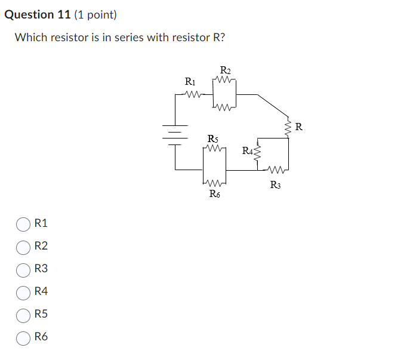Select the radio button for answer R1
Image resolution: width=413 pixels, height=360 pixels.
point(23,224)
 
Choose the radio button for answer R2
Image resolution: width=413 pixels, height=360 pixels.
point(23,247)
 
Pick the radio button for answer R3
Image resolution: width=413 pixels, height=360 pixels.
point(23,269)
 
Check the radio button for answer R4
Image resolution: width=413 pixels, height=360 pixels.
point(23,292)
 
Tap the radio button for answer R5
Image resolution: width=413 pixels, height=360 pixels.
point(23,315)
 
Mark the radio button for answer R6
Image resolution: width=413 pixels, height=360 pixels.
point(23,337)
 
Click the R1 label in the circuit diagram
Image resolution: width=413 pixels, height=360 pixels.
point(189,81)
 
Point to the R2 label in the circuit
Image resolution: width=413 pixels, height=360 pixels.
point(225,69)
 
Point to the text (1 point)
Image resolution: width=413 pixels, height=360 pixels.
point(95,14)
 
